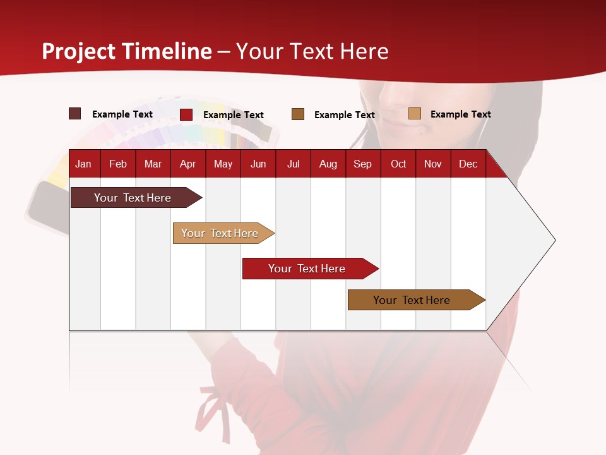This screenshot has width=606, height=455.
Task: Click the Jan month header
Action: click(x=83, y=164)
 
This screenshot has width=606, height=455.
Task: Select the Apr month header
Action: click(x=187, y=164)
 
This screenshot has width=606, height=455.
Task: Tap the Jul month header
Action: click(x=293, y=164)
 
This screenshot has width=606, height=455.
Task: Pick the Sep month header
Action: click(x=362, y=164)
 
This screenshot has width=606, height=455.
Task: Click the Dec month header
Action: click(x=468, y=164)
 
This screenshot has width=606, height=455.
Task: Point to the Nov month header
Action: click(x=432, y=164)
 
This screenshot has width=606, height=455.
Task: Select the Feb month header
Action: click(x=118, y=164)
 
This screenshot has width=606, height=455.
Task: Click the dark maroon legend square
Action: click(x=75, y=114)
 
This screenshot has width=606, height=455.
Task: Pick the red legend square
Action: click(x=186, y=114)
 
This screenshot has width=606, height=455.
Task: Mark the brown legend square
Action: click(x=298, y=114)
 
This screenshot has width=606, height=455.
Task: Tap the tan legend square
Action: click(x=414, y=114)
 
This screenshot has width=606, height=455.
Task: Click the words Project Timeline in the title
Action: click(x=127, y=51)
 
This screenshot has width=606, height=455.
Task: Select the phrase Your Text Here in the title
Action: click(x=312, y=51)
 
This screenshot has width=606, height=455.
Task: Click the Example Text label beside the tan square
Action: click(x=460, y=114)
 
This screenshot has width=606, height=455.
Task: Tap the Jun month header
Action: click(x=258, y=164)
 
